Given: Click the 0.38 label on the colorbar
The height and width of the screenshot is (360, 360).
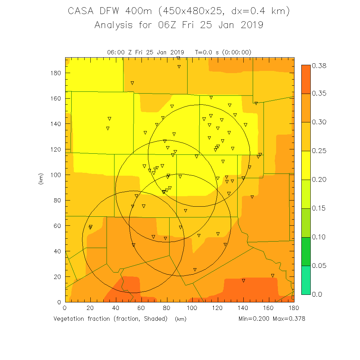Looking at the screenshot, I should pos(319,66).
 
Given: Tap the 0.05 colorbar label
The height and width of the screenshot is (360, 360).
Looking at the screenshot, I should pos(319,266).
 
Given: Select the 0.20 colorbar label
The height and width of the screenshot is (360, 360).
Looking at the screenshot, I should pos(319,180).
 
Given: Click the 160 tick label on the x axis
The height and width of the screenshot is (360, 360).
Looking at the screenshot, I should pos(269,308).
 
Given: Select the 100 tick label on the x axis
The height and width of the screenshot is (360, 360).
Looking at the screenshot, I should pos(192,308).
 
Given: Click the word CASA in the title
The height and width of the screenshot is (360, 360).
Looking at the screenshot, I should pos(80,11).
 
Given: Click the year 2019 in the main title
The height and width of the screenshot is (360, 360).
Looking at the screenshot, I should pos(251,25).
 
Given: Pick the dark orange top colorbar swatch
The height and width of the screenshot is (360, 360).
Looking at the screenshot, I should pos(306,79).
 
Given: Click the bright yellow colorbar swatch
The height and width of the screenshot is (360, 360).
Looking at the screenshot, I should pos(306,165).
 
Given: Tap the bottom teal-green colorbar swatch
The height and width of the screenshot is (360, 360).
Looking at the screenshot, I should pos(306,280).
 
